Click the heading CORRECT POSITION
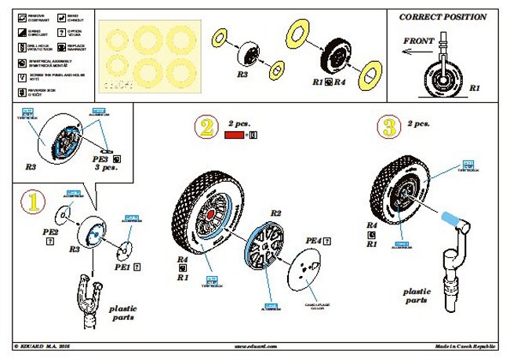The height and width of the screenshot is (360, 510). [443, 16]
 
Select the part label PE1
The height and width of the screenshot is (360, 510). [122, 267]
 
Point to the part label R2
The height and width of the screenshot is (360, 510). [275, 213]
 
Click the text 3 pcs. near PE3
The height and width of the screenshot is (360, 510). [107, 168]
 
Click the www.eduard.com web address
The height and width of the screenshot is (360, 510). [255, 346]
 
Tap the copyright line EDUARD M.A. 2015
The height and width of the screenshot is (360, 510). [47, 346]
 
